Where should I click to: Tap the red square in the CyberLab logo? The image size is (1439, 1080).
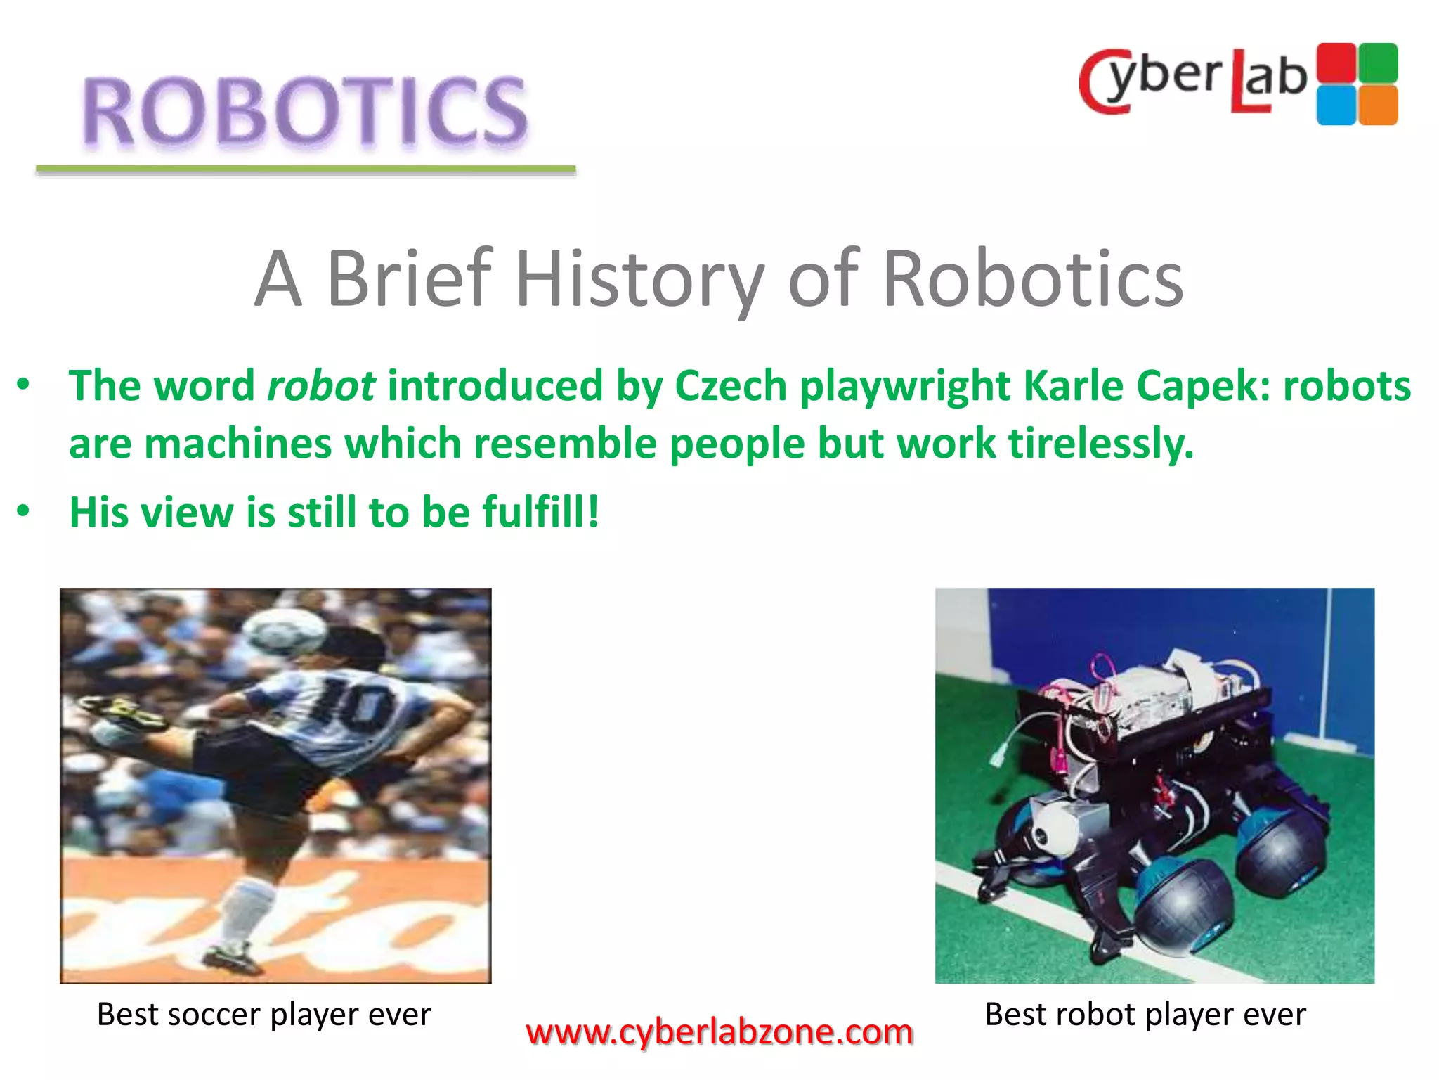click(x=1336, y=63)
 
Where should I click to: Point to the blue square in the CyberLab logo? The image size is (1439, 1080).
click(x=1336, y=105)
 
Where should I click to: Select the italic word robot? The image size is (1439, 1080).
click(x=321, y=386)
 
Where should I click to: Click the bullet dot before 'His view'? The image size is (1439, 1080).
click(x=24, y=510)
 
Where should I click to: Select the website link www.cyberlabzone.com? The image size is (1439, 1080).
click(x=719, y=1032)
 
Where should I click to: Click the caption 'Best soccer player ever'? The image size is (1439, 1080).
click(x=264, y=1014)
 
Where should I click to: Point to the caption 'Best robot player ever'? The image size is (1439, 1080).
click(x=1145, y=1014)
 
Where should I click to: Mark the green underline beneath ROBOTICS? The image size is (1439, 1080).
click(x=306, y=169)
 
